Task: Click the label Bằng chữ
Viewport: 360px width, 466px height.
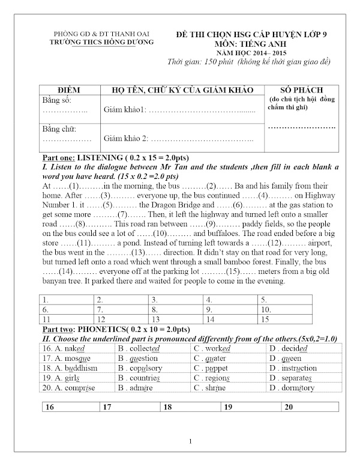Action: (x=58, y=129)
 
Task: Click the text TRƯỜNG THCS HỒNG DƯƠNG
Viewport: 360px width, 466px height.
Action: (x=101, y=42)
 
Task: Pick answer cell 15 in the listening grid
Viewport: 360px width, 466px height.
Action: (x=282, y=319)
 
